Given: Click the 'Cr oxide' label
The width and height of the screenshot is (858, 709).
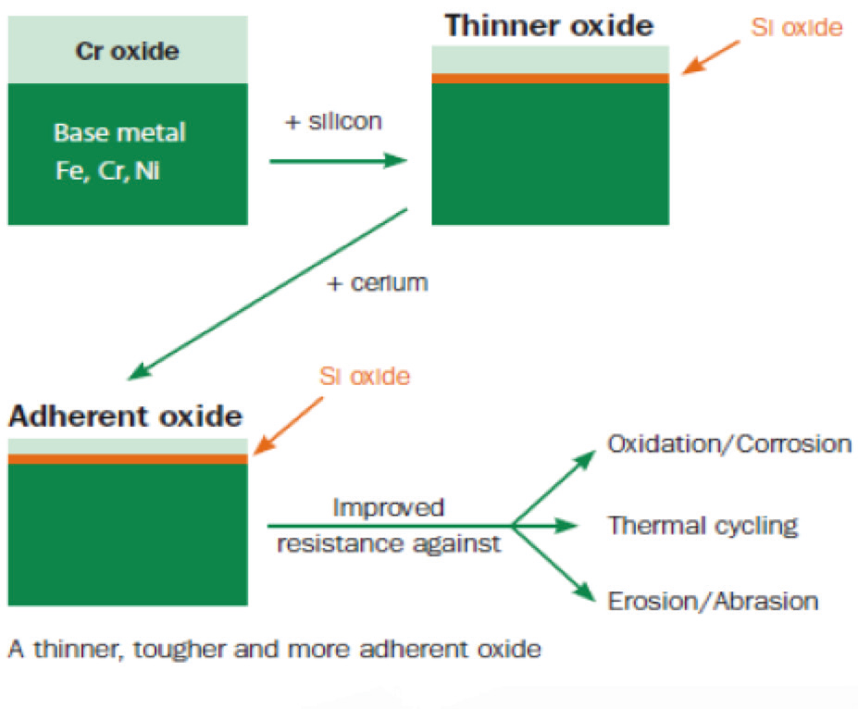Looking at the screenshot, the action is [127, 51].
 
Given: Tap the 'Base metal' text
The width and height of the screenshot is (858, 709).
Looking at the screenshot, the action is [119, 132].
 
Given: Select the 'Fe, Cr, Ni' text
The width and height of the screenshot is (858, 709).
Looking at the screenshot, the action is [107, 170].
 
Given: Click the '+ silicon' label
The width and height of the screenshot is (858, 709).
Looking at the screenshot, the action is [333, 121].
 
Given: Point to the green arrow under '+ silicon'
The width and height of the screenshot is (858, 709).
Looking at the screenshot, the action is [338, 161].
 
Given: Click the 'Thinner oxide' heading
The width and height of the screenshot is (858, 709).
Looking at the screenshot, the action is [549, 25].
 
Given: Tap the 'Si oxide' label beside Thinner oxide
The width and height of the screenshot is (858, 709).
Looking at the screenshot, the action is [796, 28].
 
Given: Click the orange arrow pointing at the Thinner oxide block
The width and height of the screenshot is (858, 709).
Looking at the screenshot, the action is [710, 56].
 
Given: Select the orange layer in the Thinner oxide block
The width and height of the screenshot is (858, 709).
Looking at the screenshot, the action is [550, 79].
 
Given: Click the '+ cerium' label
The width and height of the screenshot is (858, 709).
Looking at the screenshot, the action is [377, 283].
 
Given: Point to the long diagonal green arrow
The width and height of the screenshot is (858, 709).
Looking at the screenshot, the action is [267, 293].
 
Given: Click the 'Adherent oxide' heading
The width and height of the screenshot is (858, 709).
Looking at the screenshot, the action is [125, 416].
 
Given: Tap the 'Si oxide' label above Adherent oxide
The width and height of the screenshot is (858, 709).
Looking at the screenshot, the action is [365, 377].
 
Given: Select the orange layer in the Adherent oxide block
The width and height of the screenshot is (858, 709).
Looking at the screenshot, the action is [128, 459].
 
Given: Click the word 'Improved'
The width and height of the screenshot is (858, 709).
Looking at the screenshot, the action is [389, 507].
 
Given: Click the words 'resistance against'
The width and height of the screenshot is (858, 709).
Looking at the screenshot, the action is [389, 544].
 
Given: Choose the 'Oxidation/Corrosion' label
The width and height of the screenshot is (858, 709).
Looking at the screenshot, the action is [729, 444].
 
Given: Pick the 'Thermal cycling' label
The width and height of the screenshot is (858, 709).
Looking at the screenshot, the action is [703, 526].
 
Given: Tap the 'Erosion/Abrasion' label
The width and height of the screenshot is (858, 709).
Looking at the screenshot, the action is [713, 601].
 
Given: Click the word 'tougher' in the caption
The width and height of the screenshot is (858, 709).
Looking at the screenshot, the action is [180, 650].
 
